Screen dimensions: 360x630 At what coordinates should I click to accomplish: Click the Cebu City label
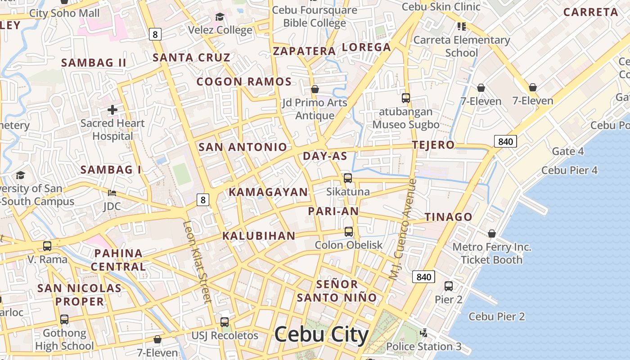pos(321,335)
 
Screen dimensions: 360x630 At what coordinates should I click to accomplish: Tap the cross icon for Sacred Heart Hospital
pos(112,109)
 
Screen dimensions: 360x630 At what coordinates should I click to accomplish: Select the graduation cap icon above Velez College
pos(220,17)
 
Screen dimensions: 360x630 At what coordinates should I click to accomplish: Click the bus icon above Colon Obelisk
pos(349,232)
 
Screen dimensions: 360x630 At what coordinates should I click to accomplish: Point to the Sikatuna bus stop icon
pos(348,178)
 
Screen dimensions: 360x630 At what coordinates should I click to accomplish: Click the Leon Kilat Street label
pos(197,262)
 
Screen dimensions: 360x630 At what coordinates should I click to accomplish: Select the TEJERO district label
pos(434,145)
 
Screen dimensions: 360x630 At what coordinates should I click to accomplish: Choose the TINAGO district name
pos(449,217)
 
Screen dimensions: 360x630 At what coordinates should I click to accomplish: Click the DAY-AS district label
pos(325,156)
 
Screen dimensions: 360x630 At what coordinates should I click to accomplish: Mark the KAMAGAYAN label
pos(268,192)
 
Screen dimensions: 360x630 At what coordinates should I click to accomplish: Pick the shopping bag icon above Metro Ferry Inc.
pos(492,234)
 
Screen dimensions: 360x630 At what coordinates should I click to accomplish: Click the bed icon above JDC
pos(112,193)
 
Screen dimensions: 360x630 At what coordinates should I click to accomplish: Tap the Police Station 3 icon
pos(423,333)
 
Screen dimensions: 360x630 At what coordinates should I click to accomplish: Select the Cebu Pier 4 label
pos(569,170)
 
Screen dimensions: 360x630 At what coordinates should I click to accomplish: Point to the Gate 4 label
pos(568,151)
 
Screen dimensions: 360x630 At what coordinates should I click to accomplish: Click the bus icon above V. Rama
pos(47,246)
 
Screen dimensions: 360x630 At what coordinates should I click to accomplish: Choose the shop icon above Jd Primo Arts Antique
pos(315,89)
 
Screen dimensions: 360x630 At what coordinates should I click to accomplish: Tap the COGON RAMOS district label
pos(244,82)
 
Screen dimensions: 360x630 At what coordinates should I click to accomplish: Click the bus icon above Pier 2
pos(449,286)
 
